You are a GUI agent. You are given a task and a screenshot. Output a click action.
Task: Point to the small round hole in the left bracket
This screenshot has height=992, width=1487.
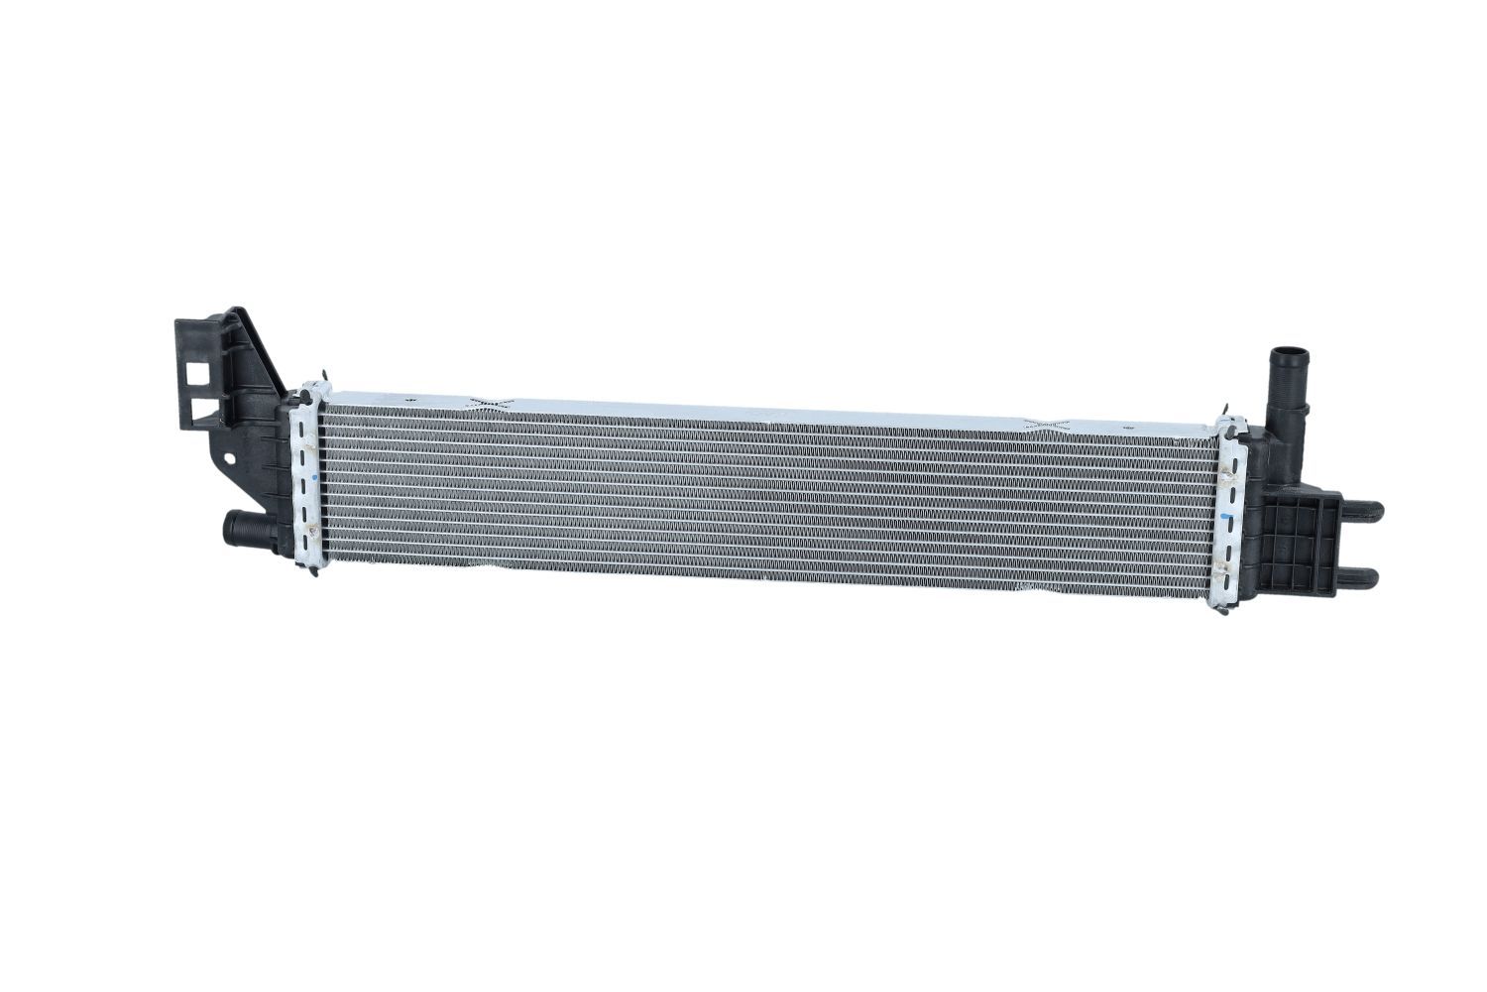click(230, 460)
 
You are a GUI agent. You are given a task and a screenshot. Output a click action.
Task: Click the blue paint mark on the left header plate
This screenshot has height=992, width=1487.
click(313, 478)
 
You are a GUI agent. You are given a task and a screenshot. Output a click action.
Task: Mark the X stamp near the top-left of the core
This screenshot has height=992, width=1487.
click(489, 402)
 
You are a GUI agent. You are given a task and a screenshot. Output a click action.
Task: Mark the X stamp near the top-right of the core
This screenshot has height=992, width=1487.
click(1050, 425)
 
